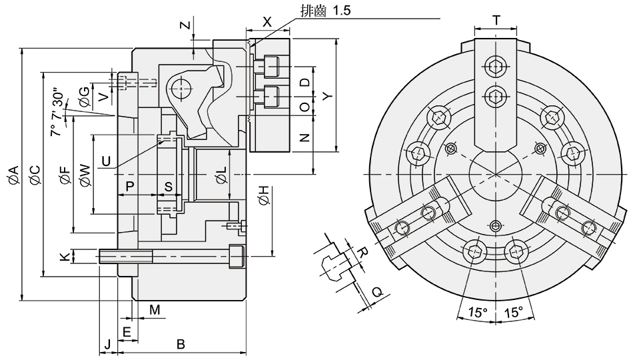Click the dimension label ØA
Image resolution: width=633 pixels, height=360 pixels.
13,175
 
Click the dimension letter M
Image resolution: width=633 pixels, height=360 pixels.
155,310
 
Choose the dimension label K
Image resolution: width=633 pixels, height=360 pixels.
64,256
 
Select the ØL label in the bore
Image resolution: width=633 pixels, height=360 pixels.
222,176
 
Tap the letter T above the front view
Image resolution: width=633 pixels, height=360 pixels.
497,21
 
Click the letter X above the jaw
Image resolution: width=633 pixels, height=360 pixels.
267,21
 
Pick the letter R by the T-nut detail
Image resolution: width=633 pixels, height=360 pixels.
362,252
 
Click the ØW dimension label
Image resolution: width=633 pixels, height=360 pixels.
85,175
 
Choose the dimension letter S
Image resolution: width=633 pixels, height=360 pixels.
169,187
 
